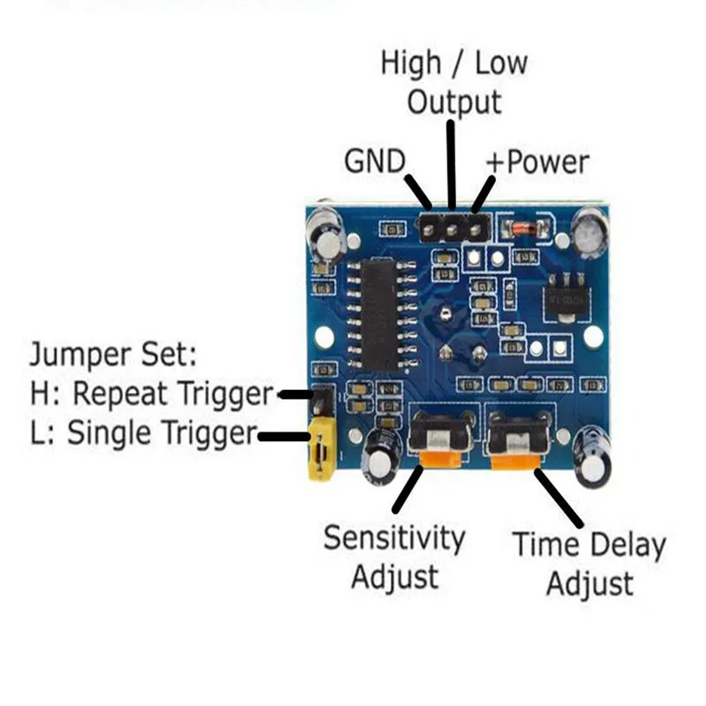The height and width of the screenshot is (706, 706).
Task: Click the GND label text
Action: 373,161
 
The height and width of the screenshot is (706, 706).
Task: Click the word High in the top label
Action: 410,64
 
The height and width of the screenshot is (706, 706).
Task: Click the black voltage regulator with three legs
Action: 565,296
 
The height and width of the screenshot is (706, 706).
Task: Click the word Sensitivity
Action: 394,537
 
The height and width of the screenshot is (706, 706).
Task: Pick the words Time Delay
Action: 590,545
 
